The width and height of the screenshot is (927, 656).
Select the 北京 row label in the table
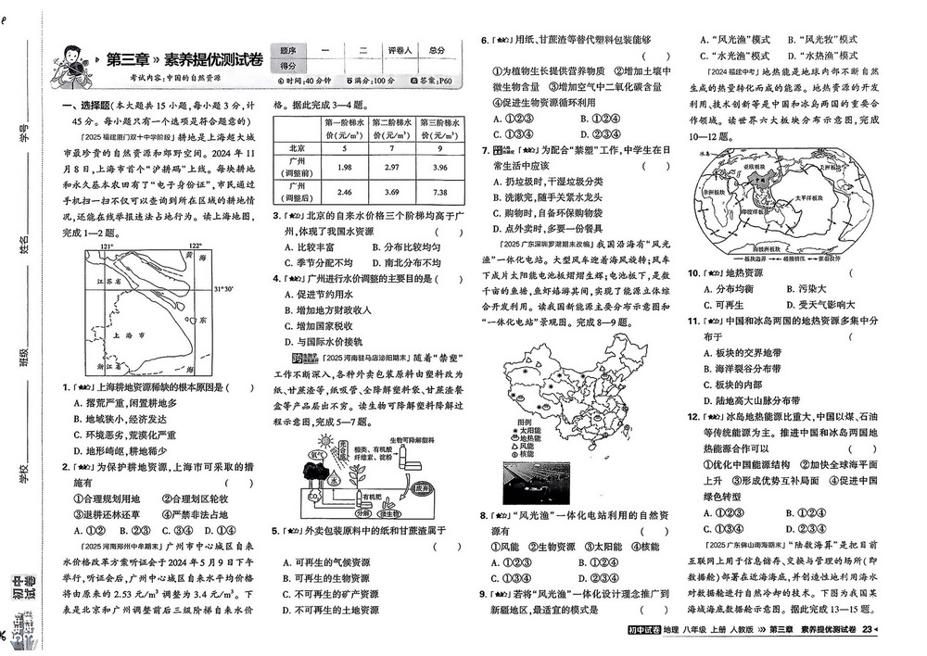[297, 147]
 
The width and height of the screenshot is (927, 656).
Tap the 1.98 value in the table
[344, 167]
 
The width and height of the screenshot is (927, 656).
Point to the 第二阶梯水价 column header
[390, 128]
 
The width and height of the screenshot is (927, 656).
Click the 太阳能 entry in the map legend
[527, 431]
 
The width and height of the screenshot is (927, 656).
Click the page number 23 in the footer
[867, 630]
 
